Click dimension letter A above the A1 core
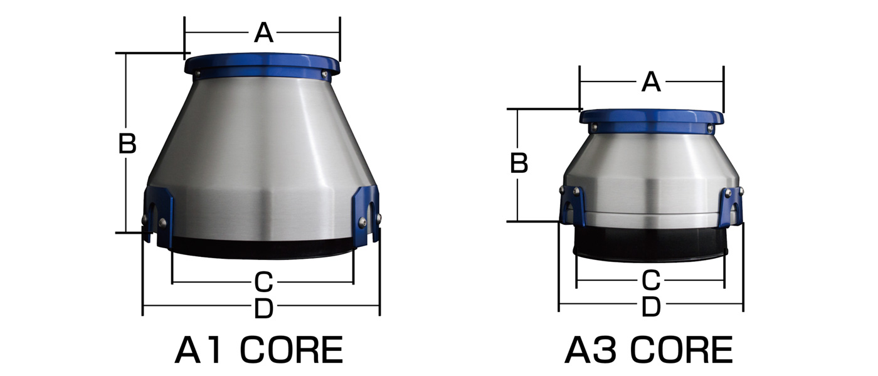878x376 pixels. tap(263, 33)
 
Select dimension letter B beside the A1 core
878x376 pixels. tap(127, 144)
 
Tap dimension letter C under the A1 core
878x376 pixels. tap(263, 283)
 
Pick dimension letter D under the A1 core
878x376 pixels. tap(263, 308)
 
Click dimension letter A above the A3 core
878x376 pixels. tap(651, 82)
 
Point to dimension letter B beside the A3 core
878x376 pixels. tap(519, 164)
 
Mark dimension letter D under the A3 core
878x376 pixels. tap(651, 307)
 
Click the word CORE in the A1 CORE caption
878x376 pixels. tap(292, 350)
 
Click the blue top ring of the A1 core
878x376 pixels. tap(262, 63)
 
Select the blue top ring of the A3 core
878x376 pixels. tap(651, 117)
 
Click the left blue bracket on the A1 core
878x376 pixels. tap(159, 213)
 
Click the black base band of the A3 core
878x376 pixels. tap(651, 244)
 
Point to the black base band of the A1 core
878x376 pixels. tap(262, 248)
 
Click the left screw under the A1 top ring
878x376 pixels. tap(197, 75)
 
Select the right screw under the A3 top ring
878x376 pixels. tap(709, 128)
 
